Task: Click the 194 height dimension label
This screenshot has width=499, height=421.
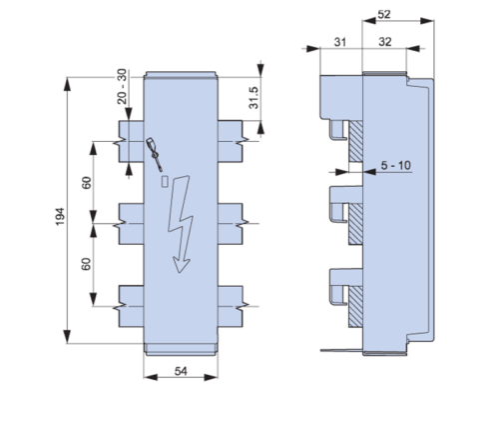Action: [x=60, y=217]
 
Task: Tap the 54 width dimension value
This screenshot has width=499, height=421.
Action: [x=181, y=371]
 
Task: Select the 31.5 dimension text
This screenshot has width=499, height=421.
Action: [x=253, y=97]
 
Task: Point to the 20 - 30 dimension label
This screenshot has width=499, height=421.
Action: [x=123, y=86]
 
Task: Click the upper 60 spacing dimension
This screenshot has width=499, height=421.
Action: [x=86, y=183]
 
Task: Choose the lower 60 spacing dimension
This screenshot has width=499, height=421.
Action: [x=86, y=264]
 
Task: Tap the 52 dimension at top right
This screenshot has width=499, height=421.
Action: [x=384, y=14]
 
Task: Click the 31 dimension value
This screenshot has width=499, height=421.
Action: [x=340, y=42]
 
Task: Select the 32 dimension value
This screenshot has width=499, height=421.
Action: [x=385, y=42]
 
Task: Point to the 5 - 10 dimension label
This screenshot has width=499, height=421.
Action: [x=396, y=165]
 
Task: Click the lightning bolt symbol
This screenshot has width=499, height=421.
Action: [x=181, y=224]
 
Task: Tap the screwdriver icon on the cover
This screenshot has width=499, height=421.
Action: [x=155, y=154]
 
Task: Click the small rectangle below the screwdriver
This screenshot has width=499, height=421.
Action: [x=165, y=182]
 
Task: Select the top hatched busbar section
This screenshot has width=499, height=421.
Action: [x=355, y=142]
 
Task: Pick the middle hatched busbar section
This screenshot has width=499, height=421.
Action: [x=355, y=224]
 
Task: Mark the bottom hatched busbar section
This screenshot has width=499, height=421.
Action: [x=355, y=306]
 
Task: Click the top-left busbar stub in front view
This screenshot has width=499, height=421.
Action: [x=131, y=141]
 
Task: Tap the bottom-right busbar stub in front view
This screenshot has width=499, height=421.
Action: [x=232, y=306]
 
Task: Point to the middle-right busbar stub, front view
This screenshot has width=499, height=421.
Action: [x=232, y=224]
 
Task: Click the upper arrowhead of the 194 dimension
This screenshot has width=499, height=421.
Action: [x=67, y=84]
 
